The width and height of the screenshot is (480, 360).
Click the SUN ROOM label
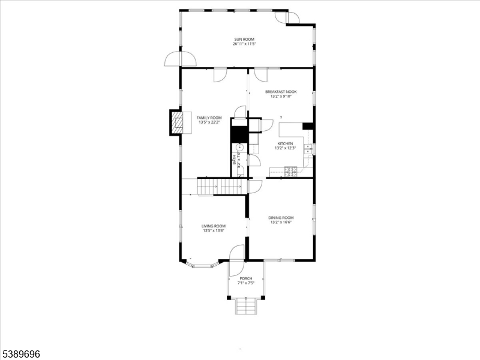coord(244,40)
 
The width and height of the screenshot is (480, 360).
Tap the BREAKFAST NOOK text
coord(281,92)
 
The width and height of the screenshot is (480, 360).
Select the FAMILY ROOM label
coord(209,118)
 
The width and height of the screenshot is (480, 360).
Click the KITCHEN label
coord(284,144)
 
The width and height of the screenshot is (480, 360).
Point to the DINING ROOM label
coord(281,218)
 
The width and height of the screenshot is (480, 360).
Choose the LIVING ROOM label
coord(213,226)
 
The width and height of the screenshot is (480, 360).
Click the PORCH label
coord(245,278)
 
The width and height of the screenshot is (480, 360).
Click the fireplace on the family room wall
coord(177,123)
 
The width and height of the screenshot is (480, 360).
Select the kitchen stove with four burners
coord(290,173)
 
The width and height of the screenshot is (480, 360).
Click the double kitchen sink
coord(308,148)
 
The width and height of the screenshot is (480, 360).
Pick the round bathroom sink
coord(239,146)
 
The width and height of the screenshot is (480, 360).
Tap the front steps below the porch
coord(245,307)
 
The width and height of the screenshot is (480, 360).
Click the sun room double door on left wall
coord(181,59)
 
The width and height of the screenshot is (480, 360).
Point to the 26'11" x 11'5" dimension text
coord(244,44)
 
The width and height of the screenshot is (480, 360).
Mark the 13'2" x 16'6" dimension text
coord(281,222)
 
